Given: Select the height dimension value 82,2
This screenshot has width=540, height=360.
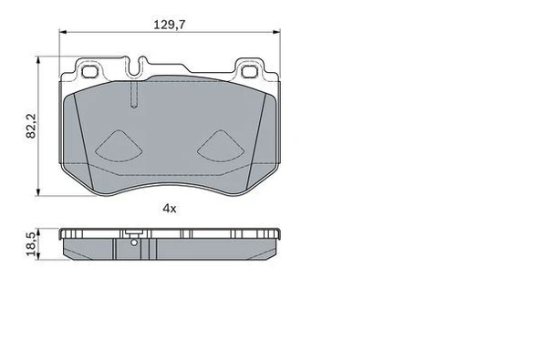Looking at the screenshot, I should [x=30, y=125].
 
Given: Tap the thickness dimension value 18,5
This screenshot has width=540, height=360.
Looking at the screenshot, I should [x=30, y=244].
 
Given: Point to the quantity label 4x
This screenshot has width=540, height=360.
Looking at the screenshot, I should [x=169, y=208].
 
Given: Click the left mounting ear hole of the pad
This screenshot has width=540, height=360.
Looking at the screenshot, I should [x=91, y=70].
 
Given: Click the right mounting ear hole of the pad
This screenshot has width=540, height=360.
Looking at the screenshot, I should [x=250, y=70].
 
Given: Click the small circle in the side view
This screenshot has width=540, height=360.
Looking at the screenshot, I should [x=134, y=242].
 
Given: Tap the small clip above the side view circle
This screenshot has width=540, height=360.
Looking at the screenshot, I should [x=133, y=231].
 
